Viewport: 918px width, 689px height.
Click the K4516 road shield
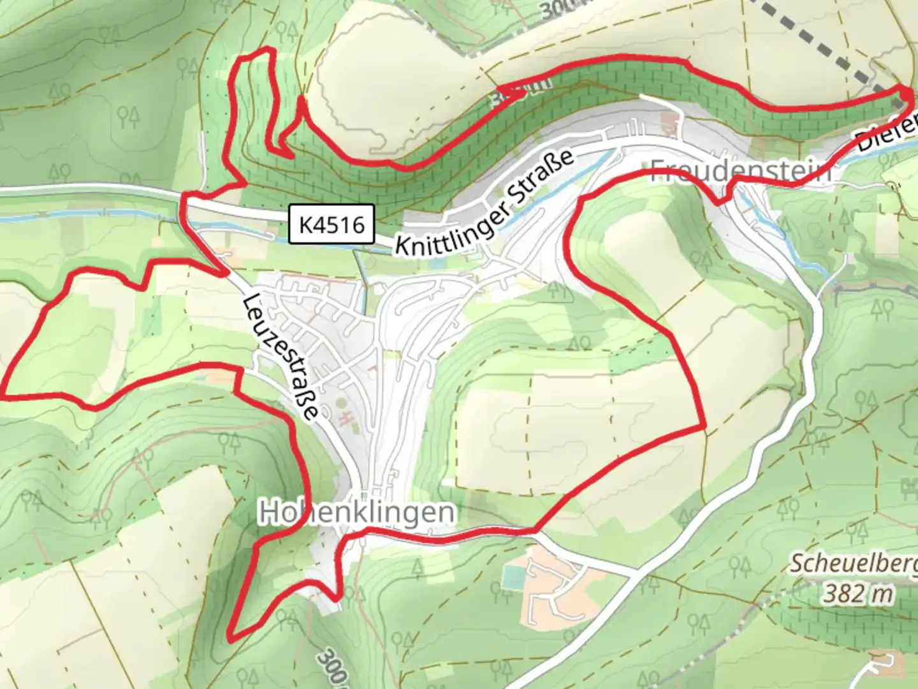click(x=331, y=224)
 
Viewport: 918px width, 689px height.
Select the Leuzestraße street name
click(x=281, y=357)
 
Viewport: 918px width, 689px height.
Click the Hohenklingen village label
click(x=357, y=512)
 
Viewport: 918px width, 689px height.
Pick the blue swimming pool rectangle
click(x=514, y=578)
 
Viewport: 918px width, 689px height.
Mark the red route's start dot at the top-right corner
click(x=905, y=94)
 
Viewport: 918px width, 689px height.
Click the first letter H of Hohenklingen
click(x=268, y=512)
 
